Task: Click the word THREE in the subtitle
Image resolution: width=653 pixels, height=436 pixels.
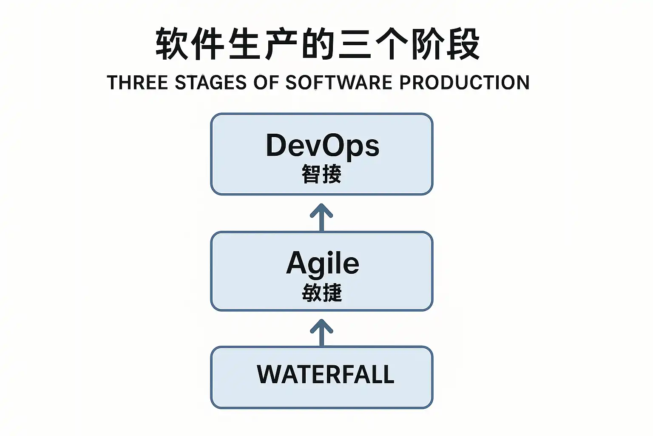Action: pos(138,82)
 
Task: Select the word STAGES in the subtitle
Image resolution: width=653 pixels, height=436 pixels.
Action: pos(211,82)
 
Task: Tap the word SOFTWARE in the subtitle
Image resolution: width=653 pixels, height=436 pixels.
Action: pos(339,82)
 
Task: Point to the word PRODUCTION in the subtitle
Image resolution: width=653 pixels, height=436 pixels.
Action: pos(464,82)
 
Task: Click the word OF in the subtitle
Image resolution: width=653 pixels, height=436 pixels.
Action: pos(266,82)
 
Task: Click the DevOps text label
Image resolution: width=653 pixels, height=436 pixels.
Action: pos(322,146)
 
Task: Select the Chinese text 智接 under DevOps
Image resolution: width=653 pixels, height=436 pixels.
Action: pos(321,174)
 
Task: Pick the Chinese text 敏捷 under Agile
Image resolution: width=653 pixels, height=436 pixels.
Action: pos(321,292)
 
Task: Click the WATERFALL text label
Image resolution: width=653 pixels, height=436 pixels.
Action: pos(325,374)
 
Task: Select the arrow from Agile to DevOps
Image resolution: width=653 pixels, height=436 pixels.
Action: pos(321,218)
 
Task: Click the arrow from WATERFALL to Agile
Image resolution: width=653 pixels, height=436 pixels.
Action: pos(321,333)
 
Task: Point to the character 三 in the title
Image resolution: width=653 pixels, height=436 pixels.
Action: pos(355,44)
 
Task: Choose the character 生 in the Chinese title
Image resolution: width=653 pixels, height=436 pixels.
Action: pos(244,44)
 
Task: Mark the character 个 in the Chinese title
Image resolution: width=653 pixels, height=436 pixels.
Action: pos(391,44)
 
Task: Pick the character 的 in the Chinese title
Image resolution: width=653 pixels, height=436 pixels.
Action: pos(318,44)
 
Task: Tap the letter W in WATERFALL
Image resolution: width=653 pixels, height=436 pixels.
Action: pos(270,374)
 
